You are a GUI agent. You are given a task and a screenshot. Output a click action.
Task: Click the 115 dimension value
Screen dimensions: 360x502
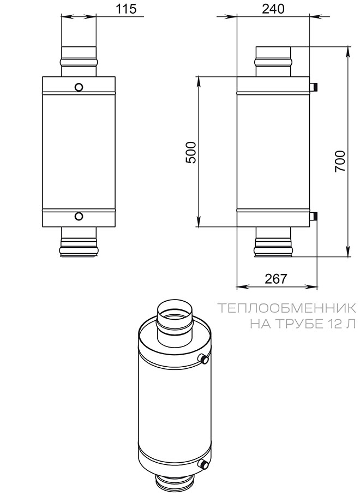pyautogui.click(x=126, y=9)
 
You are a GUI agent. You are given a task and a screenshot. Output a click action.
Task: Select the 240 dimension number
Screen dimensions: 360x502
pyautogui.click(x=273, y=9)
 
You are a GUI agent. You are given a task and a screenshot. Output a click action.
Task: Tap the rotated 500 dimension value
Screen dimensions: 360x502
pyautogui.click(x=191, y=152)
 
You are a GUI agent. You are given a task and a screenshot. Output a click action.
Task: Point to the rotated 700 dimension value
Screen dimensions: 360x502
pyautogui.click(x=340, y=161)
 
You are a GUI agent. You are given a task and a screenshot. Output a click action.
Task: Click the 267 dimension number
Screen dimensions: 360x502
pyautogui.click(x=276, y=279)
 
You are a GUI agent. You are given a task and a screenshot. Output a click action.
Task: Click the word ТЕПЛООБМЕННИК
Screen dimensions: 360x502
pyautogui.click(x=287, y=308)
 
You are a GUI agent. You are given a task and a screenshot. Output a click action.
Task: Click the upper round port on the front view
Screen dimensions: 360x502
pyautogui.click(x=79, y=87)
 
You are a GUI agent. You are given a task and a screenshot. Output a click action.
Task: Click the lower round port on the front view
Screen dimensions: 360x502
pyautogui.click(x=79, y=216)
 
